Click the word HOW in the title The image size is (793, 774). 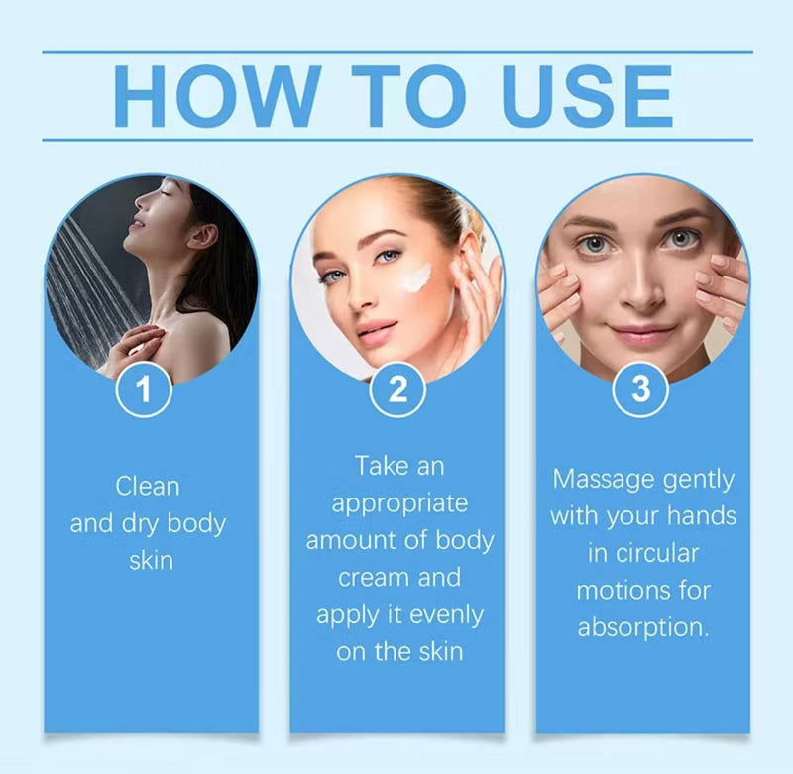point(212,96)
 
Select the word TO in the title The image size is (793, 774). point(396,96)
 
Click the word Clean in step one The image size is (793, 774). point(148,486)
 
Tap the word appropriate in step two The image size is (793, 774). point(399,503)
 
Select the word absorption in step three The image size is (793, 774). point(642,628)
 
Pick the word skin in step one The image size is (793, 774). point(151,560)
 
